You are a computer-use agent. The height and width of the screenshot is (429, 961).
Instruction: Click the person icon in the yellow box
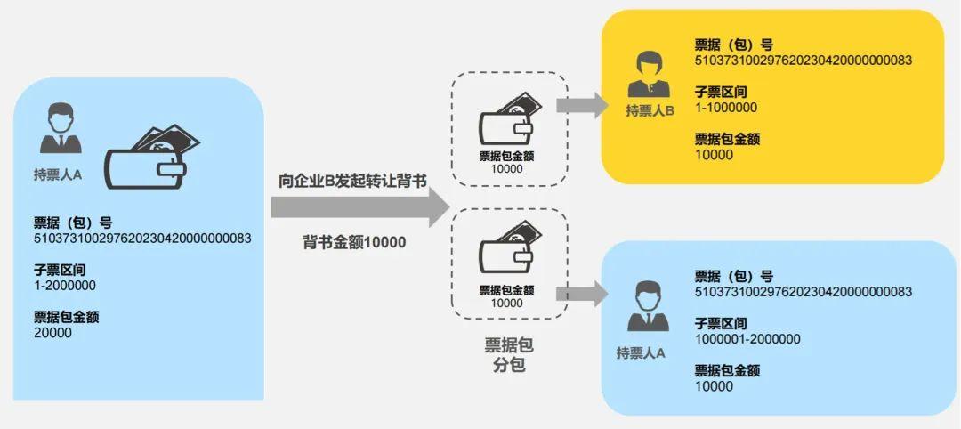coord(650,75)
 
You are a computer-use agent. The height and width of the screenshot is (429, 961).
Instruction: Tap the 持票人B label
coord(650,110)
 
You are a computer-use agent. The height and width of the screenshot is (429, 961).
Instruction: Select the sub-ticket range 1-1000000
coord(726,107)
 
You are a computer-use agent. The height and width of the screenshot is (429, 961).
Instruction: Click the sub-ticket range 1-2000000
coord(65,286)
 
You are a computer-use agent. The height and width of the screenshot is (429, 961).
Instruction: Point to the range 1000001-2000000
coord(747,339)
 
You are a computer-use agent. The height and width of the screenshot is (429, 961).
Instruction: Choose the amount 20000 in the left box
coord(52,333)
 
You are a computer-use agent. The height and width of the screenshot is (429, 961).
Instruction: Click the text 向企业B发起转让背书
coord(352,181)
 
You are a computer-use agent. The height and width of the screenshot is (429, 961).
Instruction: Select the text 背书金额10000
coord(353,241)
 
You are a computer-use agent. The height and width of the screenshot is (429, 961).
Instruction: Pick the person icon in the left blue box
coord(61,130)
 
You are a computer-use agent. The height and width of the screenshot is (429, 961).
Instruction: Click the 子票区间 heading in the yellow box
coord(721,91)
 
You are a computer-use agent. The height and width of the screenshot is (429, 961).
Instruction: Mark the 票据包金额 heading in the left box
coord(66,317)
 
